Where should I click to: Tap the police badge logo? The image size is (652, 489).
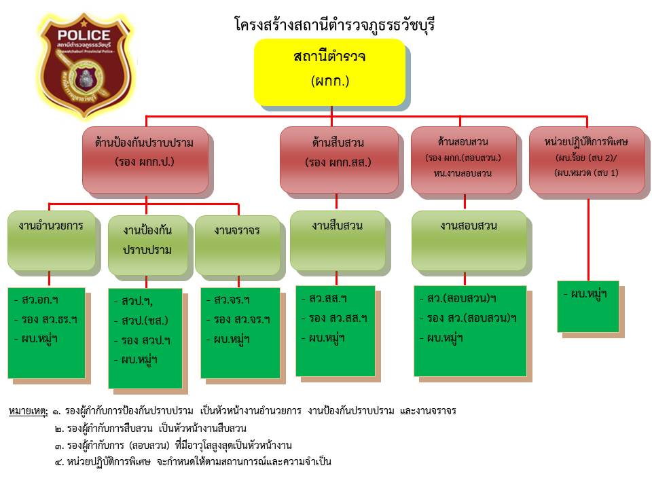[84, 67]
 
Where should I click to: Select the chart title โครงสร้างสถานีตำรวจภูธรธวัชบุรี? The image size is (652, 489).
[333, 26]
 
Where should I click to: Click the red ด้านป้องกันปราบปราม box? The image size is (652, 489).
[145, 159]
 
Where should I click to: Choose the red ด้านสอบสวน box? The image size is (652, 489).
[464, 158]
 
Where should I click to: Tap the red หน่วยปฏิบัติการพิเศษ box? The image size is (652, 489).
[586, 158]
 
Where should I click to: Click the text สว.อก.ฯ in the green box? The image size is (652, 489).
[36, 300]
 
